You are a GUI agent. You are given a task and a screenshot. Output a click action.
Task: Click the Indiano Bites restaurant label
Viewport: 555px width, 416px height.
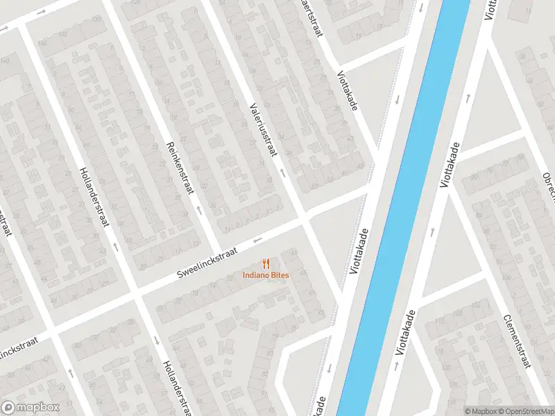(x=266, y=275)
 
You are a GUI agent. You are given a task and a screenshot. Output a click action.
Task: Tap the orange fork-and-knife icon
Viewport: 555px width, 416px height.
(x=266, y=263)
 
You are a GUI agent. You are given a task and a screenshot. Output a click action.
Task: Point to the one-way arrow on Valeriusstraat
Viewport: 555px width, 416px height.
(x=282, y=170)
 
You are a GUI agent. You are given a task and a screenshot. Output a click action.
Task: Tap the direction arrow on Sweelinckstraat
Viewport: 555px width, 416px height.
(x=258, y=241)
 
